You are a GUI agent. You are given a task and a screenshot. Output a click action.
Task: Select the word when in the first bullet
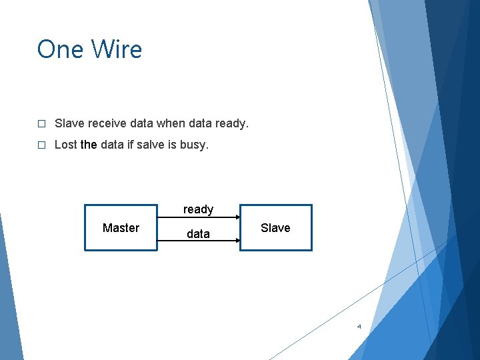coord(171,123)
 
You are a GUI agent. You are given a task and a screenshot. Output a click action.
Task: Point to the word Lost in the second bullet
coord(65,144)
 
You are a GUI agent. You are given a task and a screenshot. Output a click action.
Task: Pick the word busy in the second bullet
coord(193,144)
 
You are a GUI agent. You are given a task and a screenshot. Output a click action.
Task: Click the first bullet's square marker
coord(41,124)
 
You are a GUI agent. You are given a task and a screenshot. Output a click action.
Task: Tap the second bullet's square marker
coord(41,145)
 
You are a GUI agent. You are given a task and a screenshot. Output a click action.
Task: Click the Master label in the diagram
coord(121,228)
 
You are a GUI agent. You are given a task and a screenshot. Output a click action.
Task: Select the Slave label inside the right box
coord(275,228)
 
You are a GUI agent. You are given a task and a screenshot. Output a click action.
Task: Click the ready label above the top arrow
coord(198,209)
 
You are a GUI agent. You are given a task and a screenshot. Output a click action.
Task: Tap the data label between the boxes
coord(198,234)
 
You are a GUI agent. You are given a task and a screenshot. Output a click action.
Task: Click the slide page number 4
coord(359,327)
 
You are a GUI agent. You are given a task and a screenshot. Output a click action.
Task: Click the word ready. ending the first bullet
coord(232,123)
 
